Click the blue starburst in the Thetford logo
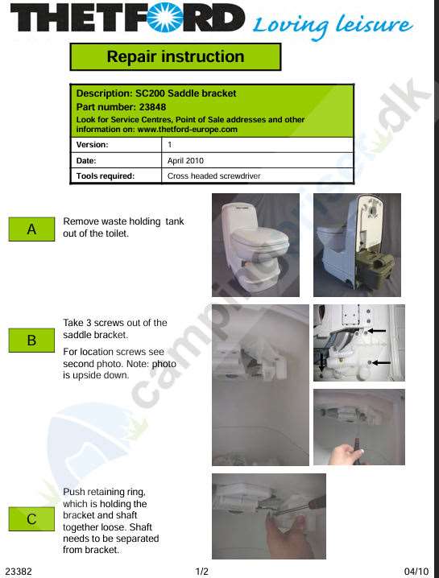(x=165, y=18)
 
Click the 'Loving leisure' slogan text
(x=333, y=26)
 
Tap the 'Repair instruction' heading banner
(x=176, y=57)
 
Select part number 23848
(x=152, y=107)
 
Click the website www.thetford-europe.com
(x=188, y=130)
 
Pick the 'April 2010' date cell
(x=185, y=161)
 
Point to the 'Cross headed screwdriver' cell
(x=214, y=176)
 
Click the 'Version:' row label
(x=92, y=145)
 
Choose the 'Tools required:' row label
(x=106, y=176)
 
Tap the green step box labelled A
(x=31, y=229)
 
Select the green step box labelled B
(x=31, y=341)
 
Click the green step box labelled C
(x=31, y=519)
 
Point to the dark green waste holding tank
(x=374, y=270)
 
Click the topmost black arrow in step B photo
(x=376, y=331)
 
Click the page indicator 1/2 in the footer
(x=202, y=572)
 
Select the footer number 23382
(x=19, y=572)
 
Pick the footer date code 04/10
(x=416, y=572)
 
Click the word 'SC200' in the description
(x=150, y=93)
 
